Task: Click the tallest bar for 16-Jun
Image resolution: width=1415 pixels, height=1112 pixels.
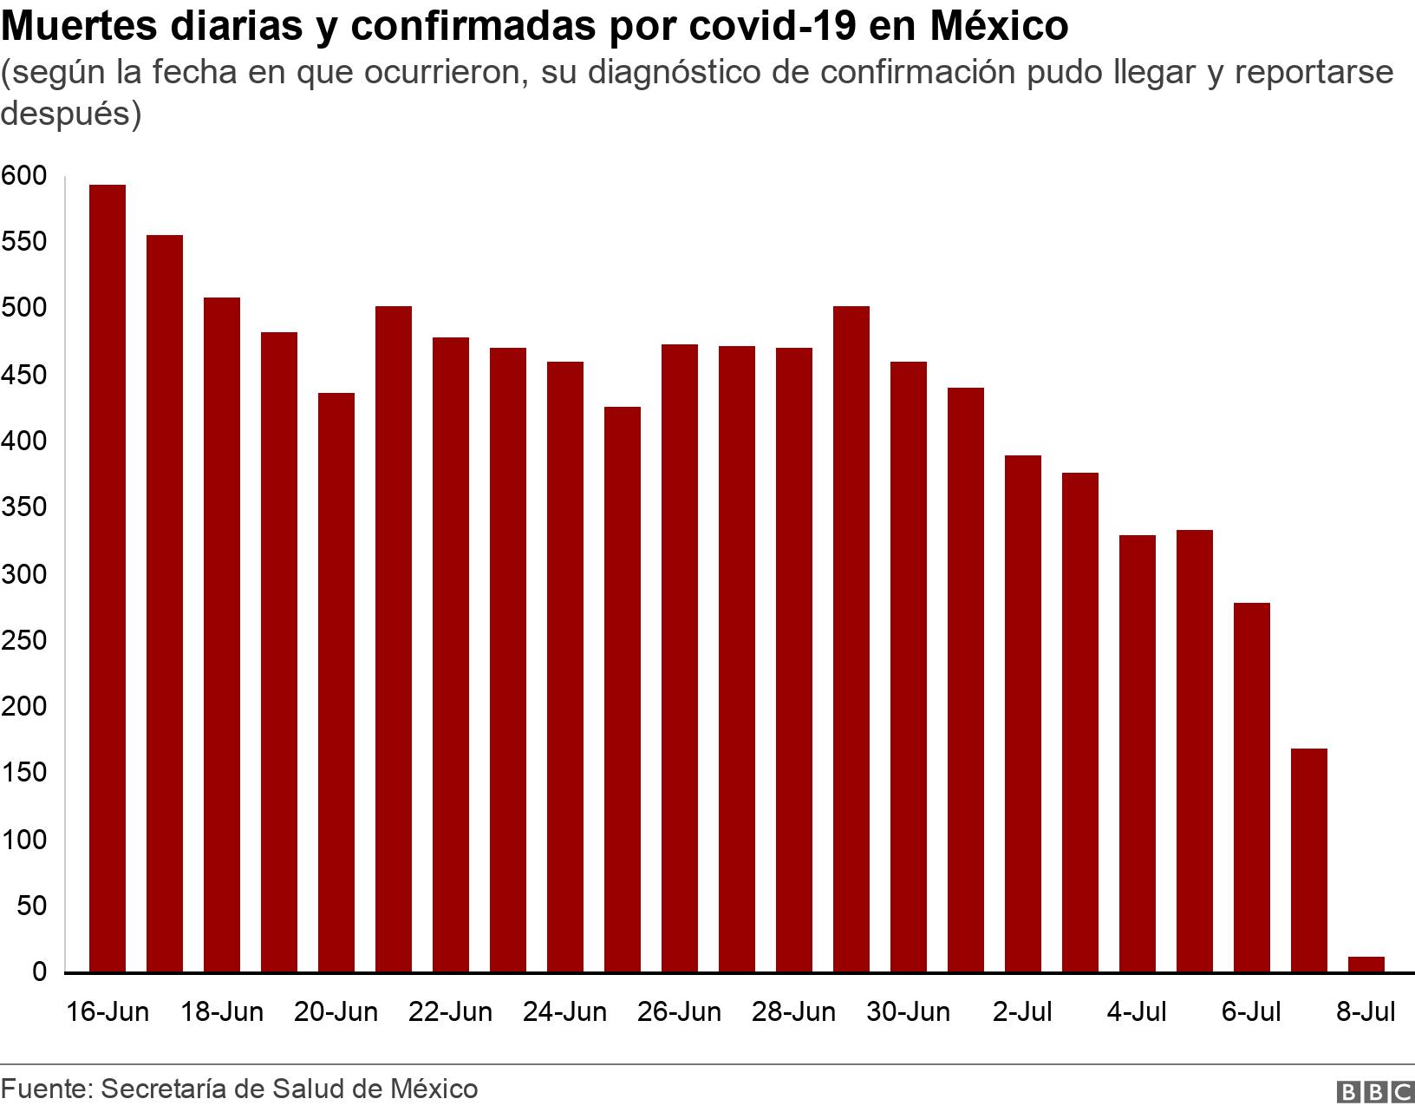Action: (x=108, y=579)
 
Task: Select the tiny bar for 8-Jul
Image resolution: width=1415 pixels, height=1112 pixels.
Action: (x=1366, y=965)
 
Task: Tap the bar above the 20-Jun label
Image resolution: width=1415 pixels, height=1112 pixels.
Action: (x=336, y=683)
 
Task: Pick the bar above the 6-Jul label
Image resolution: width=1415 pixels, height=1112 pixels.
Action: (x=1252, y=788)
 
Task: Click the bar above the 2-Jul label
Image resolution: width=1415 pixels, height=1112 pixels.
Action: (x=1023, y=714)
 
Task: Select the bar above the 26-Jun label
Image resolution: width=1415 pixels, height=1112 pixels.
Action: (x=680, y=658)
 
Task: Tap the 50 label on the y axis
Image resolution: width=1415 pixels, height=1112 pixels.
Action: (x=31, y=906)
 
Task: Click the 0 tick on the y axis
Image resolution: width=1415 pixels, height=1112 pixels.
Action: (x=39, y=972)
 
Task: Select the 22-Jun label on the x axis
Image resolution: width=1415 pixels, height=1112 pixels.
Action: (x=450, y=1012)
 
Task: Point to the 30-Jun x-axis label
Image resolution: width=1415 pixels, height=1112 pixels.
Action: (x=908, y=1012)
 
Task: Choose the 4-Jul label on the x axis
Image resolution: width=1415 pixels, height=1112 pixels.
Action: (x=1136, y=1012)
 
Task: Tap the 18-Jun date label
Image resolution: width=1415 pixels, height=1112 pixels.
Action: (x=221, y=1012)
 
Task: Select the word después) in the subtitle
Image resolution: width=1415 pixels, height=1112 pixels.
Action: (x=70, y=114)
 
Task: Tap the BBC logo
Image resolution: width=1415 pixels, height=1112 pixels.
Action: (x=1374, y=1091)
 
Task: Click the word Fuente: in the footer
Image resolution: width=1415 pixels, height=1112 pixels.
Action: (x=47, y=1089)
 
